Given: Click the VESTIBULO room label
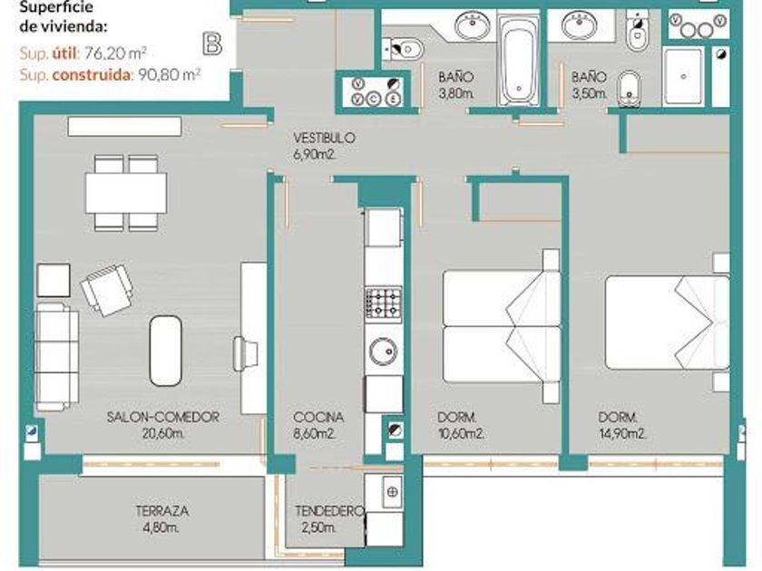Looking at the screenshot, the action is [x=324, y=138].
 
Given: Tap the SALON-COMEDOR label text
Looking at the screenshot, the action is [x=162, y=417].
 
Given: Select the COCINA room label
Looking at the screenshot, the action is [x=318, y=417].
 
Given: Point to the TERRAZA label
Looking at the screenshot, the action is [x=161, y=511].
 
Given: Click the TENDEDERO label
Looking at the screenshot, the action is [x=329, y=511].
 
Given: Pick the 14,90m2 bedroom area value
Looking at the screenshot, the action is [x=622, y=433].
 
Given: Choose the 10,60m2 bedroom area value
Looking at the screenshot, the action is [x=460, y=433].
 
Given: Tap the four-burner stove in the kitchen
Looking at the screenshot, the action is [x=384, y=305].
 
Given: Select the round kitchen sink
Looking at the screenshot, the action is [x=384, y=351].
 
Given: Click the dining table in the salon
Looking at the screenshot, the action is [x=126, y=193].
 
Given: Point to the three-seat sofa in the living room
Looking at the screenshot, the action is [x=57, y=357].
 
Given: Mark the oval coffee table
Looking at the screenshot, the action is [x=165, y=351].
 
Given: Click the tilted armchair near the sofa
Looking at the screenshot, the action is [x=106, y=290].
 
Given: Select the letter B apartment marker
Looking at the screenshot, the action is [x=212, y=44].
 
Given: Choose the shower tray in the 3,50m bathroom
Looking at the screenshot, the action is [x=683, y=76].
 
